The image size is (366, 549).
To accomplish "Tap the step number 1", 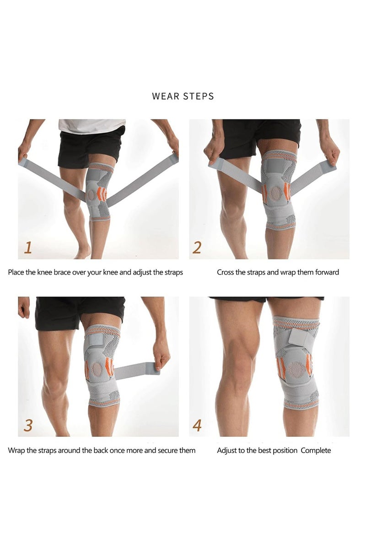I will click(x=28, y=248).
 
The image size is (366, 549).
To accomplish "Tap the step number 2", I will click(x=197, y=248).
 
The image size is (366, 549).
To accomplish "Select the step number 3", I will click(x=28, y=425).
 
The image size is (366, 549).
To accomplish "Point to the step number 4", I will click(x=197, y=425).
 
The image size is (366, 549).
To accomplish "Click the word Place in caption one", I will click(x=16, y=272).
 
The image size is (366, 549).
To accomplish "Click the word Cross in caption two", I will click(x=226, y=272).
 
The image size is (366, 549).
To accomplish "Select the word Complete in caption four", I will click(x=316, y=451).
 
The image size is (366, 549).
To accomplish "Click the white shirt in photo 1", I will click(x=91, y=126).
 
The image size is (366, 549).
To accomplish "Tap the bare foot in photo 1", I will click(x=83, y=252).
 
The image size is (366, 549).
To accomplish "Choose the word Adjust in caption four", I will click(x=226, y=451).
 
